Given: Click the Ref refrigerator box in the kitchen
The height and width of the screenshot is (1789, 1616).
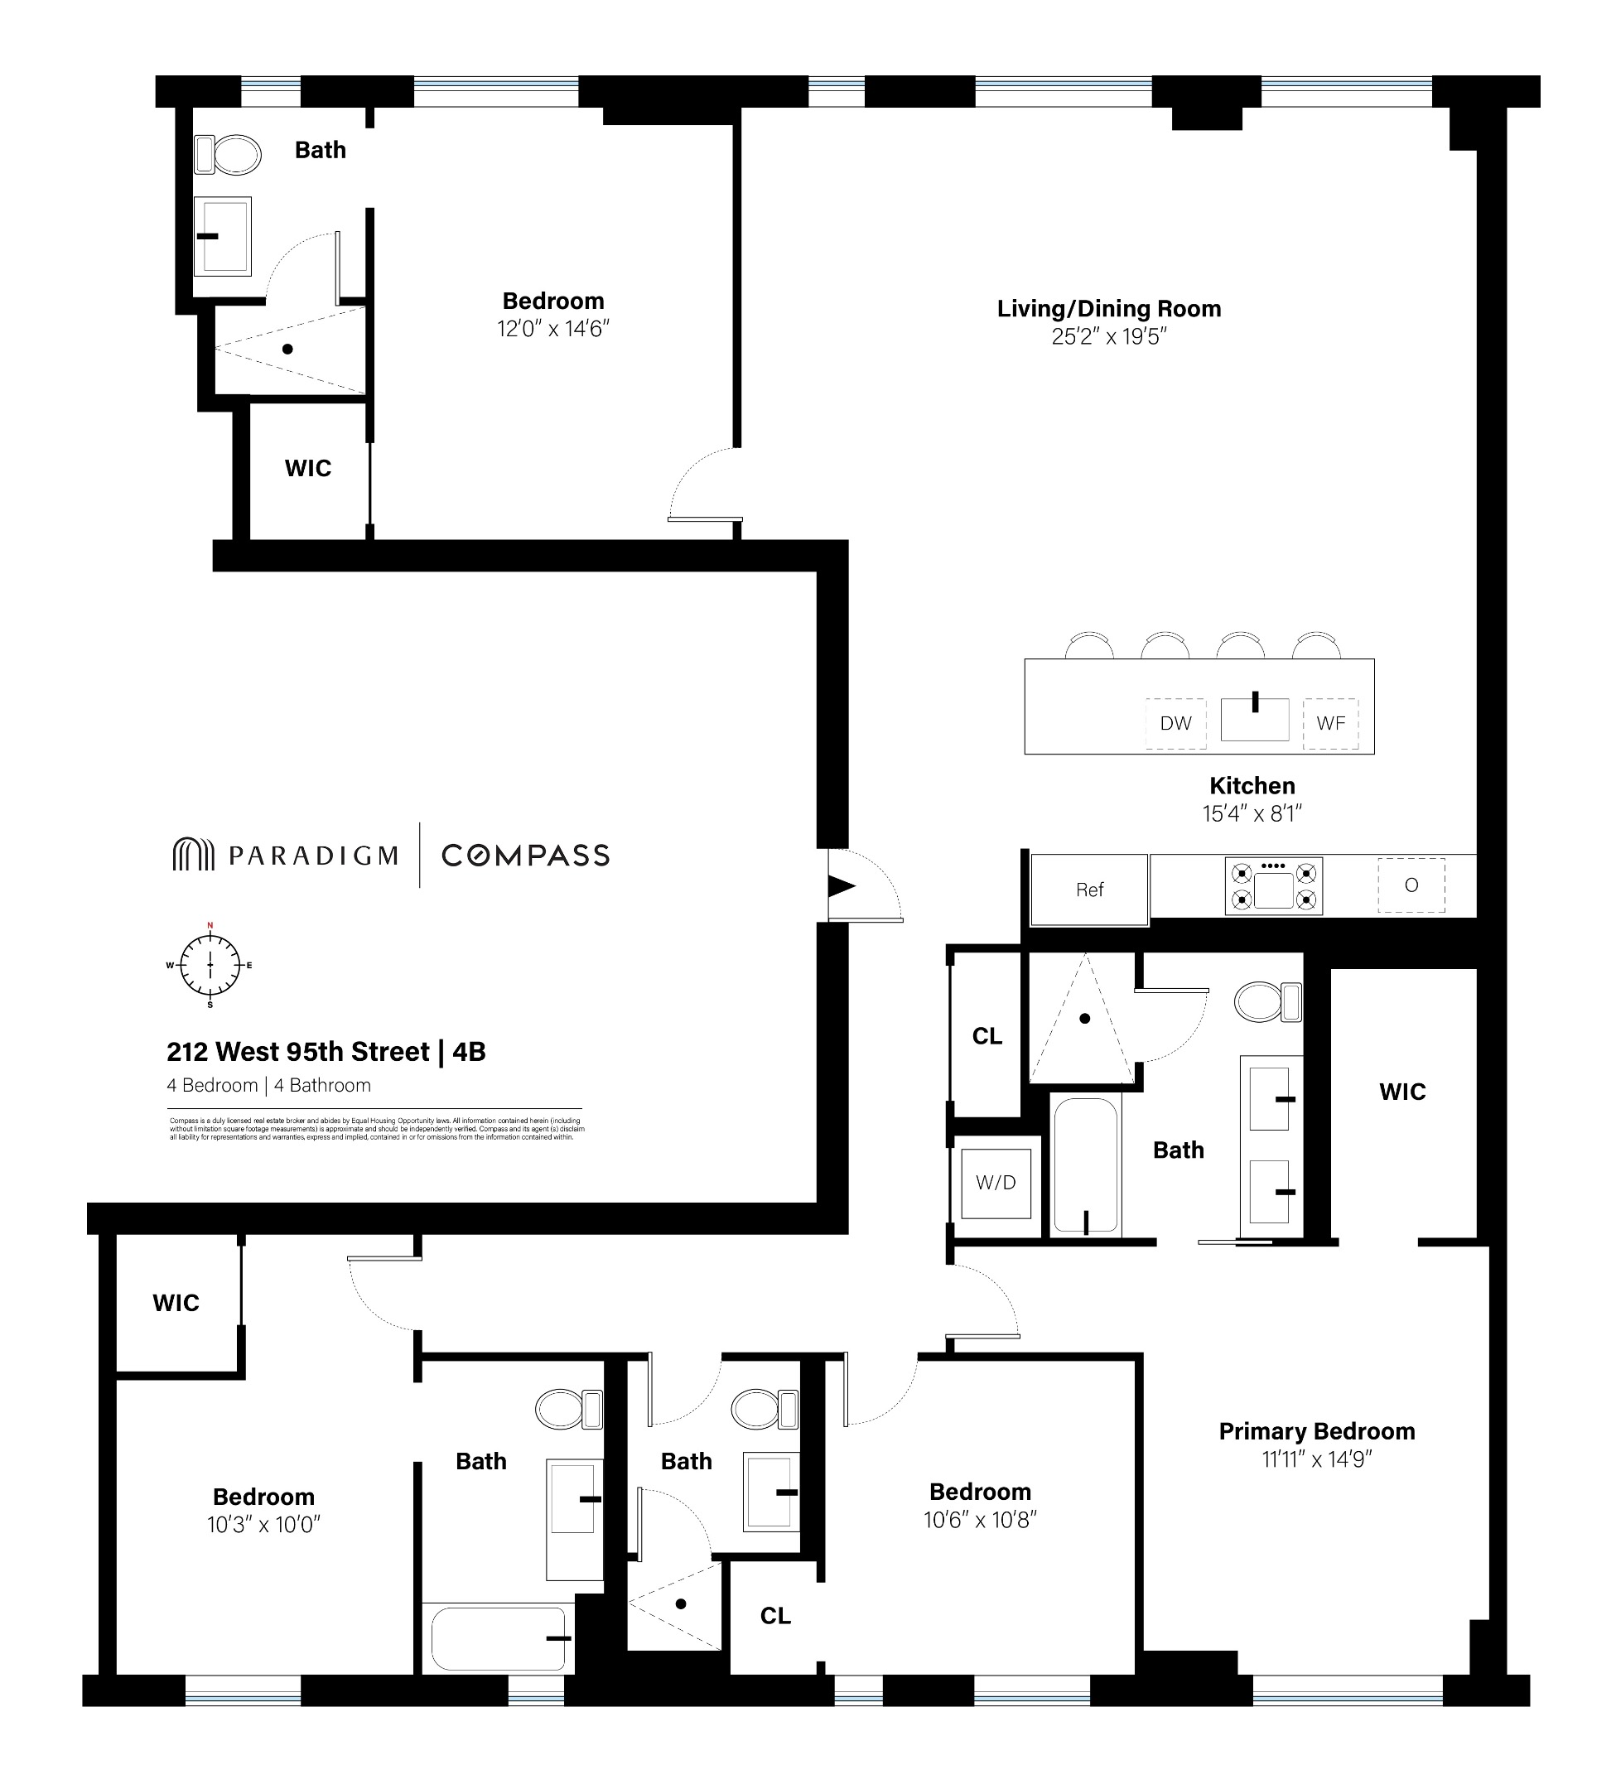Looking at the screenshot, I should tap(1089, 890).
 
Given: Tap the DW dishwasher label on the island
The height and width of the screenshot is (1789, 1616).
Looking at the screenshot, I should tap(1175, 723).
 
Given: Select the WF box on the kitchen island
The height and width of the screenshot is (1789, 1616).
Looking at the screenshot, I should tap(1330, 723).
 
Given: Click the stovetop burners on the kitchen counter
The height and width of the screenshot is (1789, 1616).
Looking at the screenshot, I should tap(1273, 885).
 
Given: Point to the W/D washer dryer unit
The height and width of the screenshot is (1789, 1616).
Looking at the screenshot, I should tap(995, 1183).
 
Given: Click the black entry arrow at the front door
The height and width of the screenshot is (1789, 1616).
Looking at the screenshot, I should tap(841, 885).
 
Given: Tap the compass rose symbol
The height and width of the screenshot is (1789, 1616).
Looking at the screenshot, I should tap(210, 965).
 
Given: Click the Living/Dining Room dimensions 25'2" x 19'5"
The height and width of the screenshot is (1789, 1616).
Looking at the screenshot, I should tap(1108, 336).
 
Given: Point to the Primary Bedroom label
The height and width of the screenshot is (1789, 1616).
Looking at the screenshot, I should tap(1316, 1431).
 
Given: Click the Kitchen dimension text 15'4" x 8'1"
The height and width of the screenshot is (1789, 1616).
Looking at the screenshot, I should tap(1252, 813).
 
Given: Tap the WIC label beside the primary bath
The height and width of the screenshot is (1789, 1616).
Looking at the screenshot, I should tap(1402, 1092).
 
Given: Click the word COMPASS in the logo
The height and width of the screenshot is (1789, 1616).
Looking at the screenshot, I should tap(525, 856).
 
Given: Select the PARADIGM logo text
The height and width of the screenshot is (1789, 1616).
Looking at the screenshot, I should tap(312, 856).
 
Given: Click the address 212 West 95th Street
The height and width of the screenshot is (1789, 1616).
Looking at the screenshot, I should tap(298, 1052).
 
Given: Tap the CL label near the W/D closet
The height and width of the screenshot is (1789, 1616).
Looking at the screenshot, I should tap(986, 1036).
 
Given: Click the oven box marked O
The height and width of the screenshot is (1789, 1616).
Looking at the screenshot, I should tap(1411, 885).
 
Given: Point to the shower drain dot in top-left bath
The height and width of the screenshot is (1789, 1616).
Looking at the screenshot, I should tap(287, 349).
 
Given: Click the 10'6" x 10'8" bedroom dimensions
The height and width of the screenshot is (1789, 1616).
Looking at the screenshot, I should tap(980, 1520).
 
